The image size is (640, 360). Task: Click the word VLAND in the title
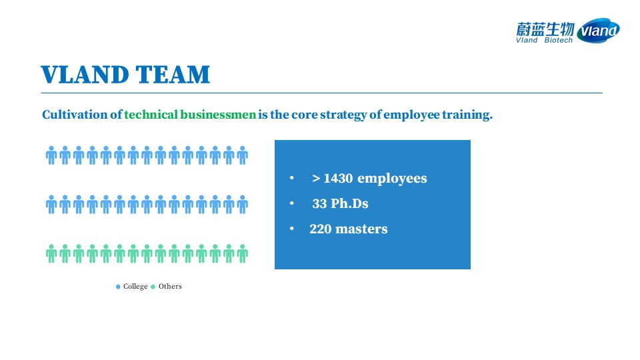[85, 74]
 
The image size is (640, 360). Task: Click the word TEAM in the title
[173, 74]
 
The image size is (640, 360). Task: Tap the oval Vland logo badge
[599, 31]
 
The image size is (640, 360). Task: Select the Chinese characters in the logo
[545, 29]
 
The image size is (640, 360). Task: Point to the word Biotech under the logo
[559, 40]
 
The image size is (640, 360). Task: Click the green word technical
[151, 114]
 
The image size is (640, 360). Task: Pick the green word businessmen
[218, 114]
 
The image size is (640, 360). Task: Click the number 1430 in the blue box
[338, 179]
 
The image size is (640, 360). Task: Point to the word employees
[392, 179]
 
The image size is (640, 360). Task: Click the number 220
[321, 229]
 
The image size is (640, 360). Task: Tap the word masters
[361, 229]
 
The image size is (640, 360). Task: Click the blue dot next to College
[118, 287]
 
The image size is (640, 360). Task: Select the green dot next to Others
[153, 287]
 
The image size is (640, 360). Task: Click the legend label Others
[170, 286]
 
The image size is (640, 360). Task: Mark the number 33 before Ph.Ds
[319, 203]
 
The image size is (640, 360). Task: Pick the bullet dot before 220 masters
[292, 229]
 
